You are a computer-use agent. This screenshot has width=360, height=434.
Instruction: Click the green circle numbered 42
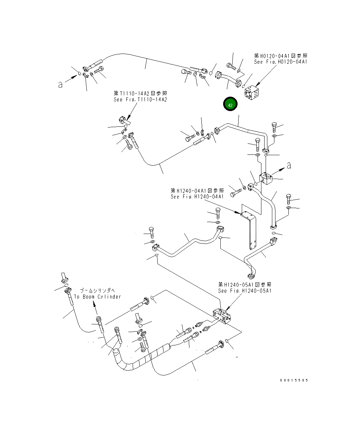click(x=230, y=104)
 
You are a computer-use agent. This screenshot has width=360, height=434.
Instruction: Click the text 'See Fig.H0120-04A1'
click(x=281, y=62)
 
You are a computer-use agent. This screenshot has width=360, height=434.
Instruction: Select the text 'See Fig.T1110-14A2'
click(x=140, y=99)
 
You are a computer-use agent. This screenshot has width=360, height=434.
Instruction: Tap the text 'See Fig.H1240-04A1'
click(x=197, y=197)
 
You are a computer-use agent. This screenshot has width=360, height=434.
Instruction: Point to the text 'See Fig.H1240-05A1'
click(x=245, y=291)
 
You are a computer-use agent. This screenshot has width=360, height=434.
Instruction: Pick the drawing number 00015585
click(x=294, y=380)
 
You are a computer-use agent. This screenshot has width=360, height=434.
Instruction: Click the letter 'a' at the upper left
click(x=60, y=84)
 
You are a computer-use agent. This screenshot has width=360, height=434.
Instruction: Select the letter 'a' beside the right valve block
click(x=289, y=166)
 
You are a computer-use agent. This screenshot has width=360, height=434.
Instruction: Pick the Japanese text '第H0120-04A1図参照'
click(x=281, y=56)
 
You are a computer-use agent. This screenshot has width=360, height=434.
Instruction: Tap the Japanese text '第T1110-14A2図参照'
click(x=140, y=93)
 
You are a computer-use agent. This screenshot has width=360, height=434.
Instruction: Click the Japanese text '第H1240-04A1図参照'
click(x=197, y=191)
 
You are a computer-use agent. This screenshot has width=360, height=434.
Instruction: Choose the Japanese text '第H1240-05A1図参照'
click(x=245, y=285)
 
